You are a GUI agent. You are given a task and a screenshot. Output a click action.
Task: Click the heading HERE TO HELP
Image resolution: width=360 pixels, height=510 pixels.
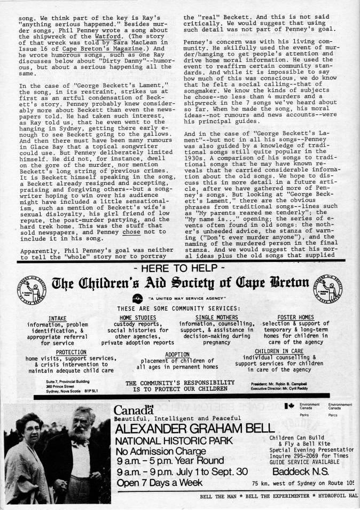[x=180, y=268]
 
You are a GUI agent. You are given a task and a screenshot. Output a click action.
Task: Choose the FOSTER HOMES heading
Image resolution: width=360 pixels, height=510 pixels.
[x=297, y=318]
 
